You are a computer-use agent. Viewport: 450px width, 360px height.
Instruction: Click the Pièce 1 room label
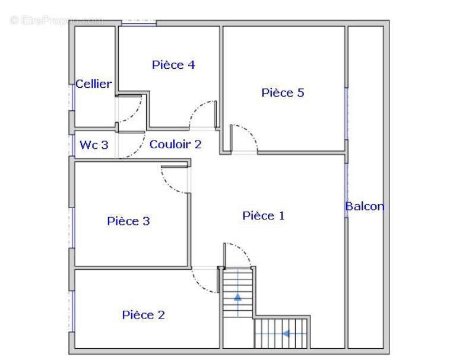[264, 216]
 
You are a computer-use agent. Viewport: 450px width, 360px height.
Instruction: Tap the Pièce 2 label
[143, 315]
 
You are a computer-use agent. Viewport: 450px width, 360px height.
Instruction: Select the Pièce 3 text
[128, 221]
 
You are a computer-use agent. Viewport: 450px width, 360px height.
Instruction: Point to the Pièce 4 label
[173, 65]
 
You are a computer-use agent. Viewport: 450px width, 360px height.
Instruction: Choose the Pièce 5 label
[283, 93]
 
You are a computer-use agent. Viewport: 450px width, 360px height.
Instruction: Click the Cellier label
[93, 84]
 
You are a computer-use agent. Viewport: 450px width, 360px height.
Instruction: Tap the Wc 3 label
[94, 144]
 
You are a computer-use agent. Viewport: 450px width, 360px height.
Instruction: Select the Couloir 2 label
[175, 144]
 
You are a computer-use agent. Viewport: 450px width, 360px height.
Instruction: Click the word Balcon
[365, 206]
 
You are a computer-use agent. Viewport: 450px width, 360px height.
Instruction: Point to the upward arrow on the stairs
[238, 296]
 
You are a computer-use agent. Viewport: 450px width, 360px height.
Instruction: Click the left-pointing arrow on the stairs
[286, 334]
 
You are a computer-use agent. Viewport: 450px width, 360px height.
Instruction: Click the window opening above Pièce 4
[139, 23]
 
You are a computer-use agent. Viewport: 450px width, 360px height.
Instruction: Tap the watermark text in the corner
[56, 20]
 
